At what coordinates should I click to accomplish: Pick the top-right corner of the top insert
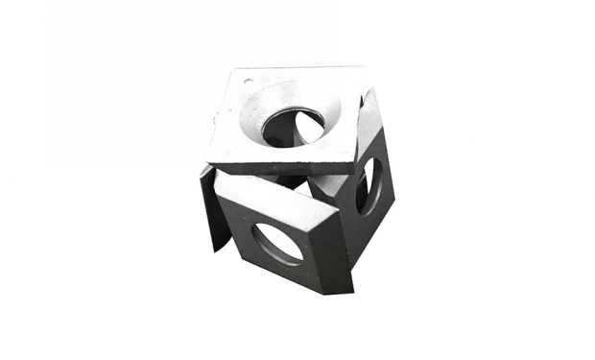click(x=362, y=67)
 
